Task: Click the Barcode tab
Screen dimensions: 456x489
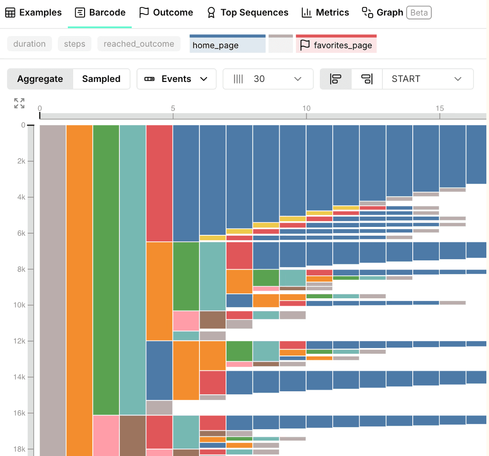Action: point(100,12)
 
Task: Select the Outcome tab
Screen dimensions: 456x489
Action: point(166,12)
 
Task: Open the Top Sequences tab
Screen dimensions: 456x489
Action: point(248,12)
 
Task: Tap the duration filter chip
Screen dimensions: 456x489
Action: point(30,44)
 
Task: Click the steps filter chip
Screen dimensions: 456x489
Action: point(74,44)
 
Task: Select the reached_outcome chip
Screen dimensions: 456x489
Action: point(139,44)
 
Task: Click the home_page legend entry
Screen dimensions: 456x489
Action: point(227,45)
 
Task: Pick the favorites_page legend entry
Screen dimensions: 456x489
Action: point(336,45)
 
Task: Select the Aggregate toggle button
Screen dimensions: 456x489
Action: point(40,79)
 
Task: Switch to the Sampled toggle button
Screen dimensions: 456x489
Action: point(101,79)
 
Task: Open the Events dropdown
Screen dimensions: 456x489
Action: point(176,79)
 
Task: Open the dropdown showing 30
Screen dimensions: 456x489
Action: point(268,79)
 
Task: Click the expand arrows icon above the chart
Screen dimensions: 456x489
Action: point(19,104)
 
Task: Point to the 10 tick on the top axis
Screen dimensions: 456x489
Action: point(306,108)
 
